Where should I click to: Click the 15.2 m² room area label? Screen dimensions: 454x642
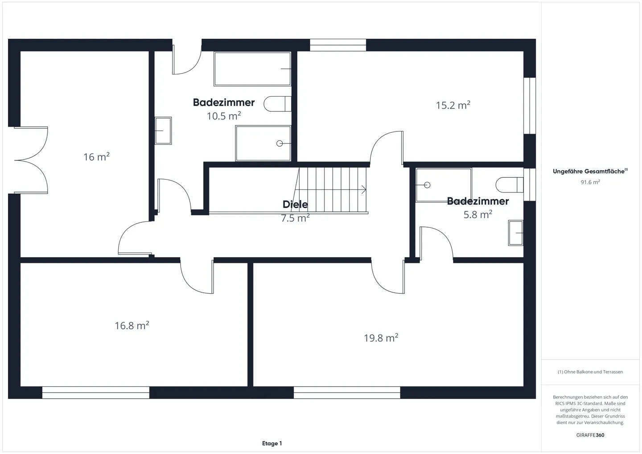point(453,106)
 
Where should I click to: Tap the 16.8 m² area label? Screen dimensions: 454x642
point(132,326)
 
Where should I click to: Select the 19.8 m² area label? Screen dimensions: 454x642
point(380,338)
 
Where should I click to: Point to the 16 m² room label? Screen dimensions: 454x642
point(96,157)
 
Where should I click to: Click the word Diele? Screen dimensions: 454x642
point(295,205)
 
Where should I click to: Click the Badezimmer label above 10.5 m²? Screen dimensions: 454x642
point(223,102)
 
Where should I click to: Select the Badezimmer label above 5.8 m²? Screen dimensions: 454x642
point(477,201)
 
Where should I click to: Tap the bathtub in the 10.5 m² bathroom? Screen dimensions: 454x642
point(252,69)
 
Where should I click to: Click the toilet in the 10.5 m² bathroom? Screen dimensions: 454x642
point(276,104)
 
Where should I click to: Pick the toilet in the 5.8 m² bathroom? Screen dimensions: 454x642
point(509,184)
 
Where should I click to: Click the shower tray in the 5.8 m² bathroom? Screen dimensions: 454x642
point(443,185)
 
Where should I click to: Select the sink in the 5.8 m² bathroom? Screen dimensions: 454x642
point(515,233)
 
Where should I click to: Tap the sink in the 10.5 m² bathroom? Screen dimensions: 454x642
point(163,131)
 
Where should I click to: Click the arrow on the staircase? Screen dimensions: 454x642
point(363,190)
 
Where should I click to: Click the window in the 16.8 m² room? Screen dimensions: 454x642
point(96,392)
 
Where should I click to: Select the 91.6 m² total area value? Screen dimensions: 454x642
point(590,182)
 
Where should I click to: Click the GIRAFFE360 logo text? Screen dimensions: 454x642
point(590,435)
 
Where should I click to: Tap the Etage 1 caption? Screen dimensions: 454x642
point(272,443)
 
